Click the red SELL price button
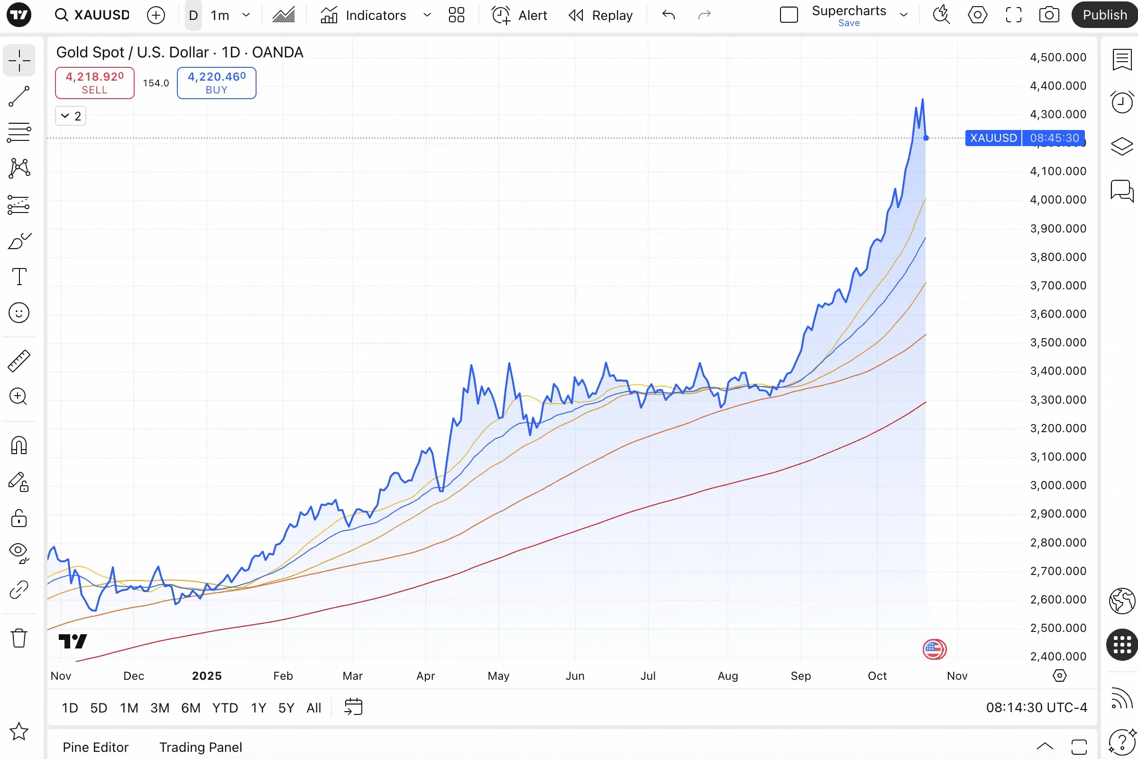pyautogui.click(x=94, y=83)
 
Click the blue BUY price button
pyautogui.click(x=216, y=83)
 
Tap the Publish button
pyautogui.click(x=1104, y=15)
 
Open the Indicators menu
pyautogui.click(x=363, y=15)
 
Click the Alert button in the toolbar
pyautogui.click(x=520, y=15)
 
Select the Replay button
pyautogui.click(x=600, y=15)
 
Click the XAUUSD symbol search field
pyautogui.click(x=92, y=15)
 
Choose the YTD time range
pyautogui.click(x=225, y=708)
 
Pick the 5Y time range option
pyautogui.click(x=286, y=708)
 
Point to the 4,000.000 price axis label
pyautogui.click(x=1058, y=199)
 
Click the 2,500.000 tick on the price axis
pyautogui.click(x=1058, y=628)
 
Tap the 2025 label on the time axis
pyautogui.click(x=207, y=676)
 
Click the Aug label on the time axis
pyautogui.click(x=728, y=676)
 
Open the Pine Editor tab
pyautogui.click(x=95, y=747)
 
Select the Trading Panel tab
pyautogui.click(x=201, y=747)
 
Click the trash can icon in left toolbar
pyautogui.click(x=19, y=638)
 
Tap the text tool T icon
pyautogui.click(x=19, y=277)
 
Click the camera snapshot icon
pyautogui.click(x=1049, y=15)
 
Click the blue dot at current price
pyautogui.click(x=926, y=138)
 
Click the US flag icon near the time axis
pyautogui.click(x=934, y=649)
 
